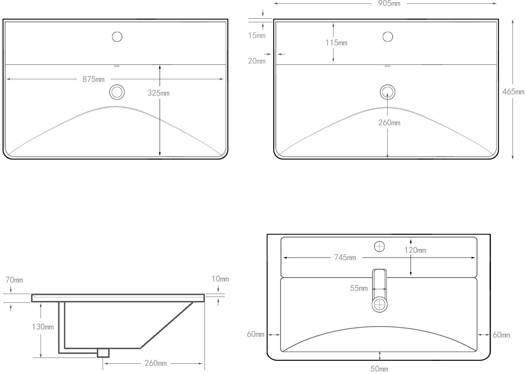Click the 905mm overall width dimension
pos(389,4)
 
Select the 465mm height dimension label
pos(513,92)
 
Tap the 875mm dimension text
pos(93,79)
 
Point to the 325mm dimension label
pos(159,93)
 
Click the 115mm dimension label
pos(336,43)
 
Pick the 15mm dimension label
pos(256,35)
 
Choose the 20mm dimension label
pos(256,61)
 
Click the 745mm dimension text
pos(345,257)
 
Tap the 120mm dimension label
pos(415,250)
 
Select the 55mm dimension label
pos(359,288)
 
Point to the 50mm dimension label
pos(379,369)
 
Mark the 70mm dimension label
pos(14,280)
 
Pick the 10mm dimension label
pos(220,279)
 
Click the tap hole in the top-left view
pos(117,37)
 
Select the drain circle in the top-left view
pos(117,92)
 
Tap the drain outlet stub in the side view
pos(103,353)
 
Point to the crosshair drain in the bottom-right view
pos(380,304)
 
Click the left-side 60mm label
pos(255,334)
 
